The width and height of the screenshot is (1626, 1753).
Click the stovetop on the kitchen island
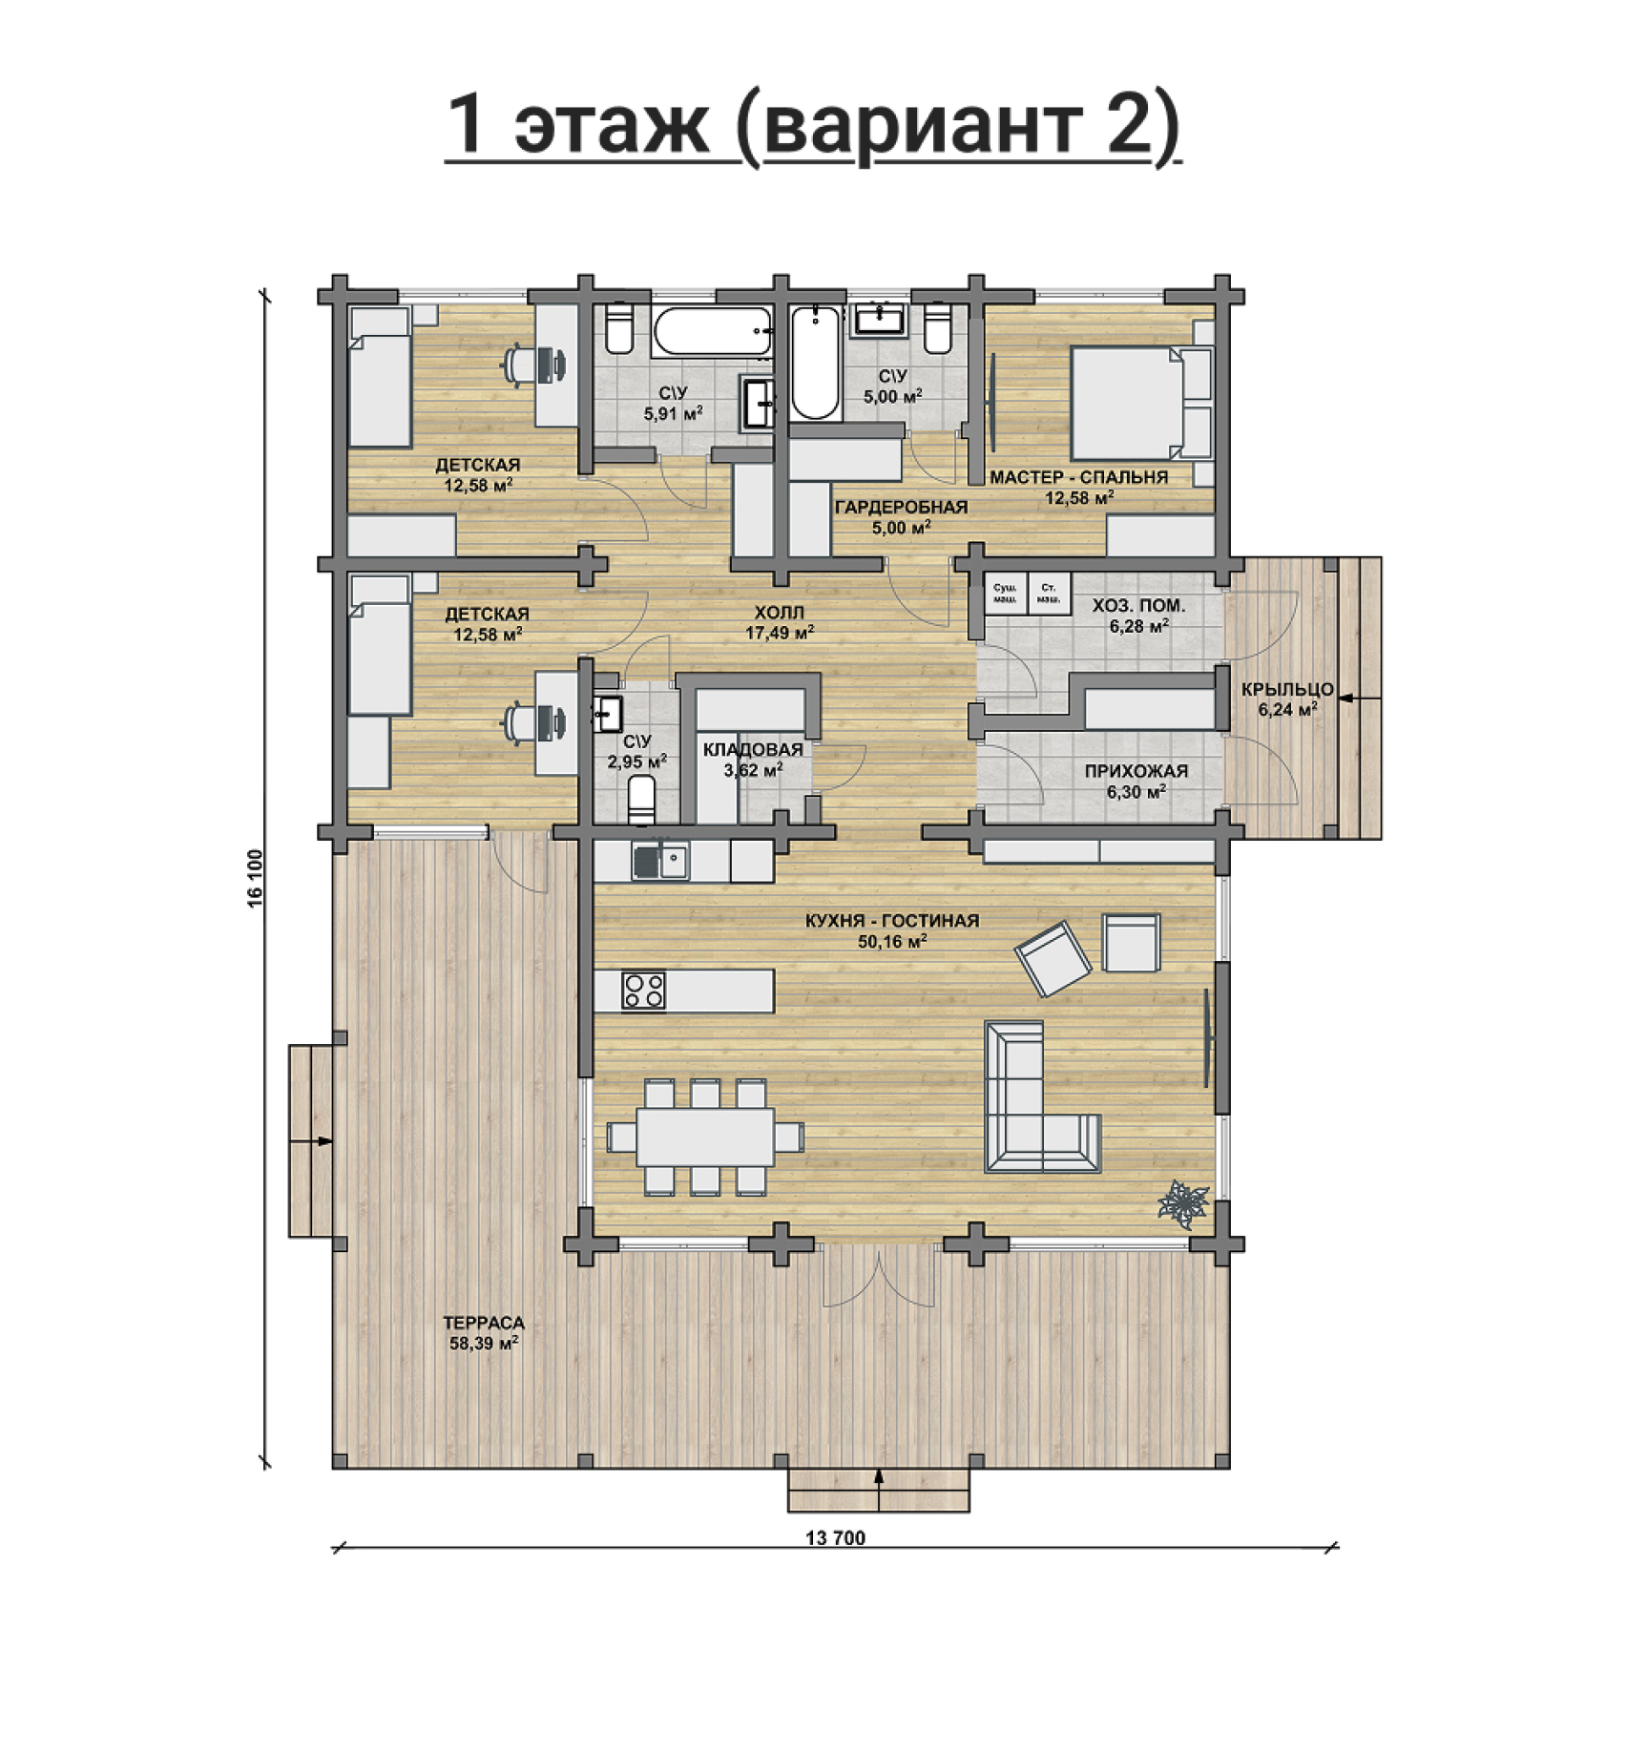pos(644,990)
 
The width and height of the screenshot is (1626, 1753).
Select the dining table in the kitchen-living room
pos(705,1137)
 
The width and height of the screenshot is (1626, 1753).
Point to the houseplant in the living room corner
pos(1183,1202)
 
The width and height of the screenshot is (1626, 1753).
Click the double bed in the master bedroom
pos(1141,403)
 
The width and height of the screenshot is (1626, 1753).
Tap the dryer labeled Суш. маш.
pos(1006,594)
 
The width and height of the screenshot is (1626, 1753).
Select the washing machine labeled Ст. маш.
pos(1050,594)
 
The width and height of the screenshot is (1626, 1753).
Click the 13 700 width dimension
pos(835,1537)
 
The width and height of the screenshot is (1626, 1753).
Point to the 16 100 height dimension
pos(255,878)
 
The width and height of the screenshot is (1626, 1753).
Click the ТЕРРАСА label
pos(484,1323)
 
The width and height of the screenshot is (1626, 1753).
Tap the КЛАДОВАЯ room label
pos(753,750)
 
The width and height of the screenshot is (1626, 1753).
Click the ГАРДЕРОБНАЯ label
pos(901,507)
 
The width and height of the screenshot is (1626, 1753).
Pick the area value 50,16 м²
pos(893,941)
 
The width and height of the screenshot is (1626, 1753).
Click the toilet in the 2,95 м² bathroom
pos(642,799)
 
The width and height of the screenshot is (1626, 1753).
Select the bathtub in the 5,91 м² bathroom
pos(714,331)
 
